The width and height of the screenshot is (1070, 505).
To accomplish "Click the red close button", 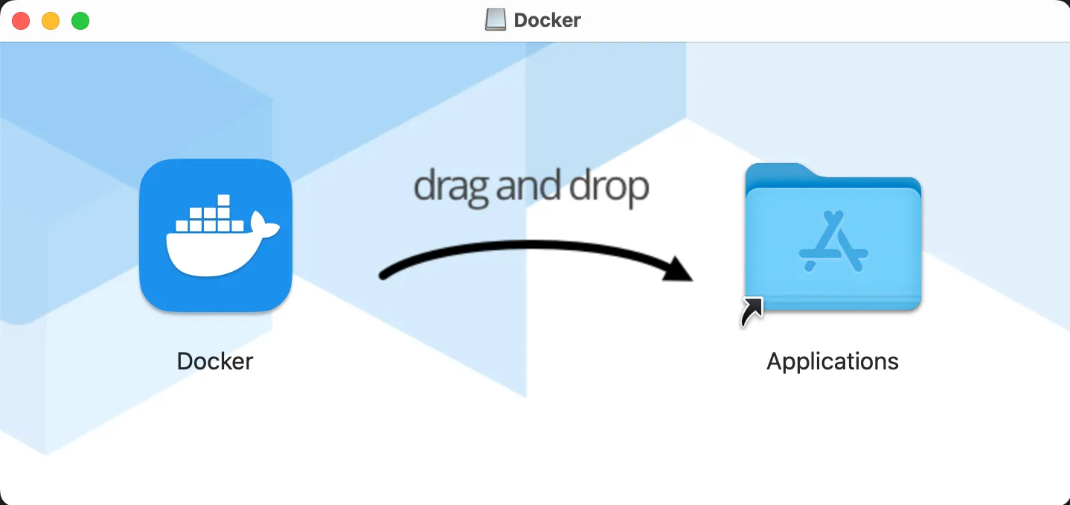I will [21, 21].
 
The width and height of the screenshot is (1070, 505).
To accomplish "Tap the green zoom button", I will [80, 21].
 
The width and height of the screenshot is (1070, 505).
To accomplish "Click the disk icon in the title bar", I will [495, 20].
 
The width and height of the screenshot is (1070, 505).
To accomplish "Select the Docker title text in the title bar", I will [547, 20].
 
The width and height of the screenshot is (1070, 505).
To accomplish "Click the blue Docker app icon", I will [215, 235].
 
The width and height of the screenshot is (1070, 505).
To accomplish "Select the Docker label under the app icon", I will [215, 361].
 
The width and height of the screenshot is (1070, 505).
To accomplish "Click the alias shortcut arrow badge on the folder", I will [752, 311].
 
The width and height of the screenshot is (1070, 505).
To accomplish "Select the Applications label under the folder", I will [833, 361].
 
